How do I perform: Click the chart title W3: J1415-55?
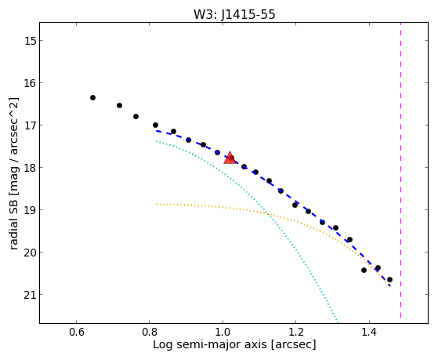234,14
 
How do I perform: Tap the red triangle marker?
230,158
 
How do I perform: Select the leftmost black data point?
92,97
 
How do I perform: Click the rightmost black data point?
389,279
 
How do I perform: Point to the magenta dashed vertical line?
401,170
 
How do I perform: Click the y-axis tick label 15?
30,41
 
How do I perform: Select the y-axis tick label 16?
30,83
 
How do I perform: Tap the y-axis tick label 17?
30,125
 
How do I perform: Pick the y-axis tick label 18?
30,168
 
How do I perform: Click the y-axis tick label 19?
30,210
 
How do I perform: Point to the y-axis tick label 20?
30,253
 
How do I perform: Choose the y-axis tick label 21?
30,295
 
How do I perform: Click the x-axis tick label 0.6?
76,333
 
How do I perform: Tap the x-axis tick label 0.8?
150,333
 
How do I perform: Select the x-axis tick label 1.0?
223,333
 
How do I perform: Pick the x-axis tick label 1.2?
296,333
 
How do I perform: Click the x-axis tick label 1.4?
369,333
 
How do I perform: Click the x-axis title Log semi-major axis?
209,344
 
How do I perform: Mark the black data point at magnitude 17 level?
155,125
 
